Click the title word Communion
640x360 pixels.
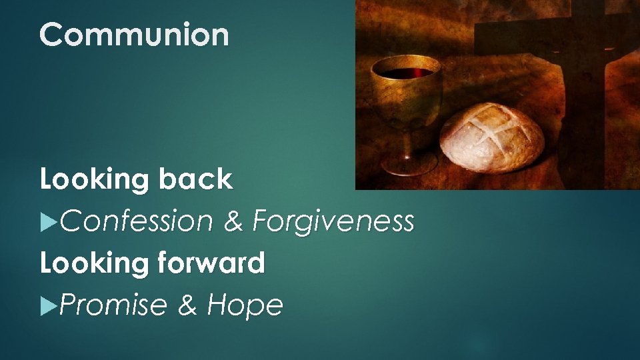pyautogui.click(x=134, y=35)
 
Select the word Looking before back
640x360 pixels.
pyautogui.click(x=94, y=181)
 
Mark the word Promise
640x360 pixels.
pyautogui.click(x=113, y=306)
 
